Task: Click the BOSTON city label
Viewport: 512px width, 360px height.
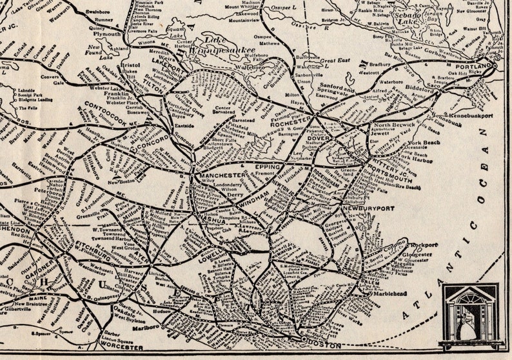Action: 326,346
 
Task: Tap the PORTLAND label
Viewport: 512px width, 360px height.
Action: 474,66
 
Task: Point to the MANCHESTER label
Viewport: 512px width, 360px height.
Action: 222,175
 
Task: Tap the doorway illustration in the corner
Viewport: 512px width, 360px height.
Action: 470,315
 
